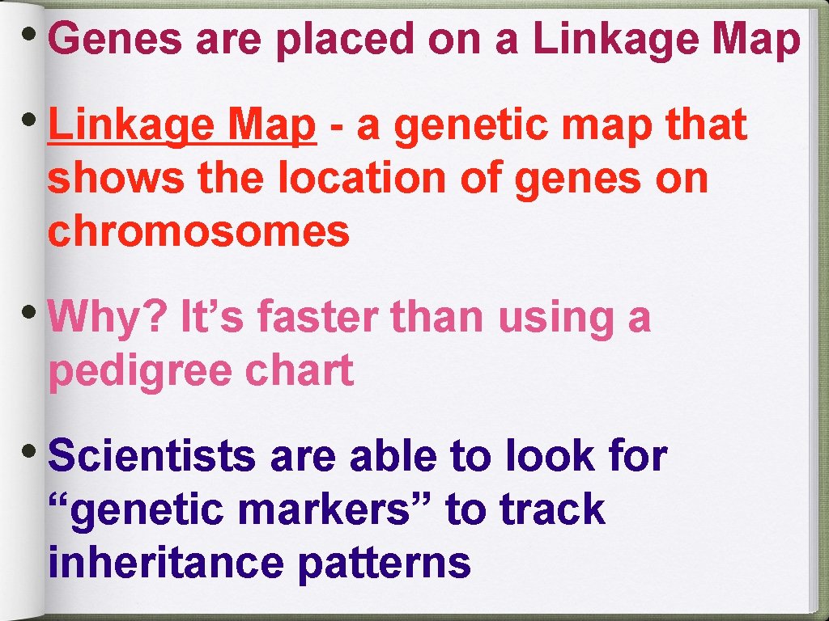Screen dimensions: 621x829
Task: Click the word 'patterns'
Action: (384, 563)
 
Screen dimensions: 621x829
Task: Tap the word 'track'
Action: (552, 509)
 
